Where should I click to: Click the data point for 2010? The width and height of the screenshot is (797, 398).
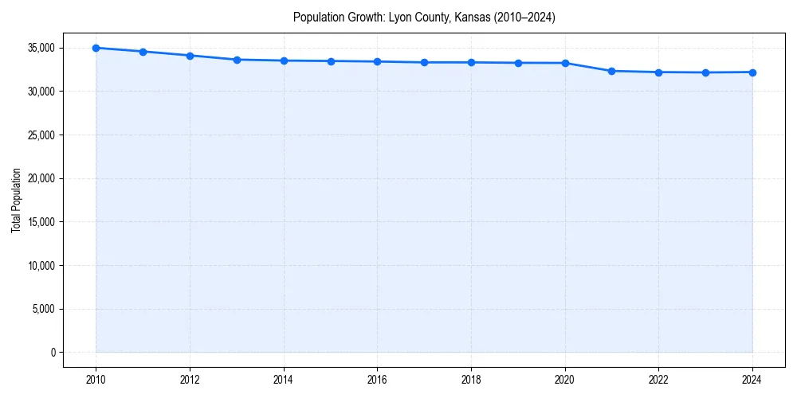pos(96,48)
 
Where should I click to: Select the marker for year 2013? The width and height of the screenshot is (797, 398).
pos(237,60)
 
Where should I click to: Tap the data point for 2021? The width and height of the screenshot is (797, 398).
pos(611,71)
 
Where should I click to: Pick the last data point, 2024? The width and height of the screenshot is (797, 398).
pos(752,72)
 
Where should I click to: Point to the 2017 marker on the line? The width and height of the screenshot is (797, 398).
pos(424,62)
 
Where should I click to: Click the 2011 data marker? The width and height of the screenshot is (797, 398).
pos(143,52)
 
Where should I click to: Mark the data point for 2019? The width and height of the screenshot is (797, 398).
pos(518,63)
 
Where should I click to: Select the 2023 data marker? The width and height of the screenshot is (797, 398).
pos(705,72)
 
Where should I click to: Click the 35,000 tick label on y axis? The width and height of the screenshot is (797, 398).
pos(41,48)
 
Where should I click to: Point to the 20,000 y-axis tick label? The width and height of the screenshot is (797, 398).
pos(41,178)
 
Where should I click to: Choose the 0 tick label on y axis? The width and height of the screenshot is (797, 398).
pos(53,352)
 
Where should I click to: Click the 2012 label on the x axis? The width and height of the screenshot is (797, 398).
pos(190,380)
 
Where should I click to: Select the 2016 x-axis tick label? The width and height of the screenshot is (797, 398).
pos(377,380)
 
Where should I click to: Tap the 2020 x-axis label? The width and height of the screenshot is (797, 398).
pos(565,380)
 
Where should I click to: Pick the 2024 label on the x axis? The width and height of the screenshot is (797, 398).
pos(752,380)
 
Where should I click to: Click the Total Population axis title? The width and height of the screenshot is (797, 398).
pos(16,200)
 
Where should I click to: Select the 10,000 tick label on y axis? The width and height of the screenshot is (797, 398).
pos(41,265)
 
